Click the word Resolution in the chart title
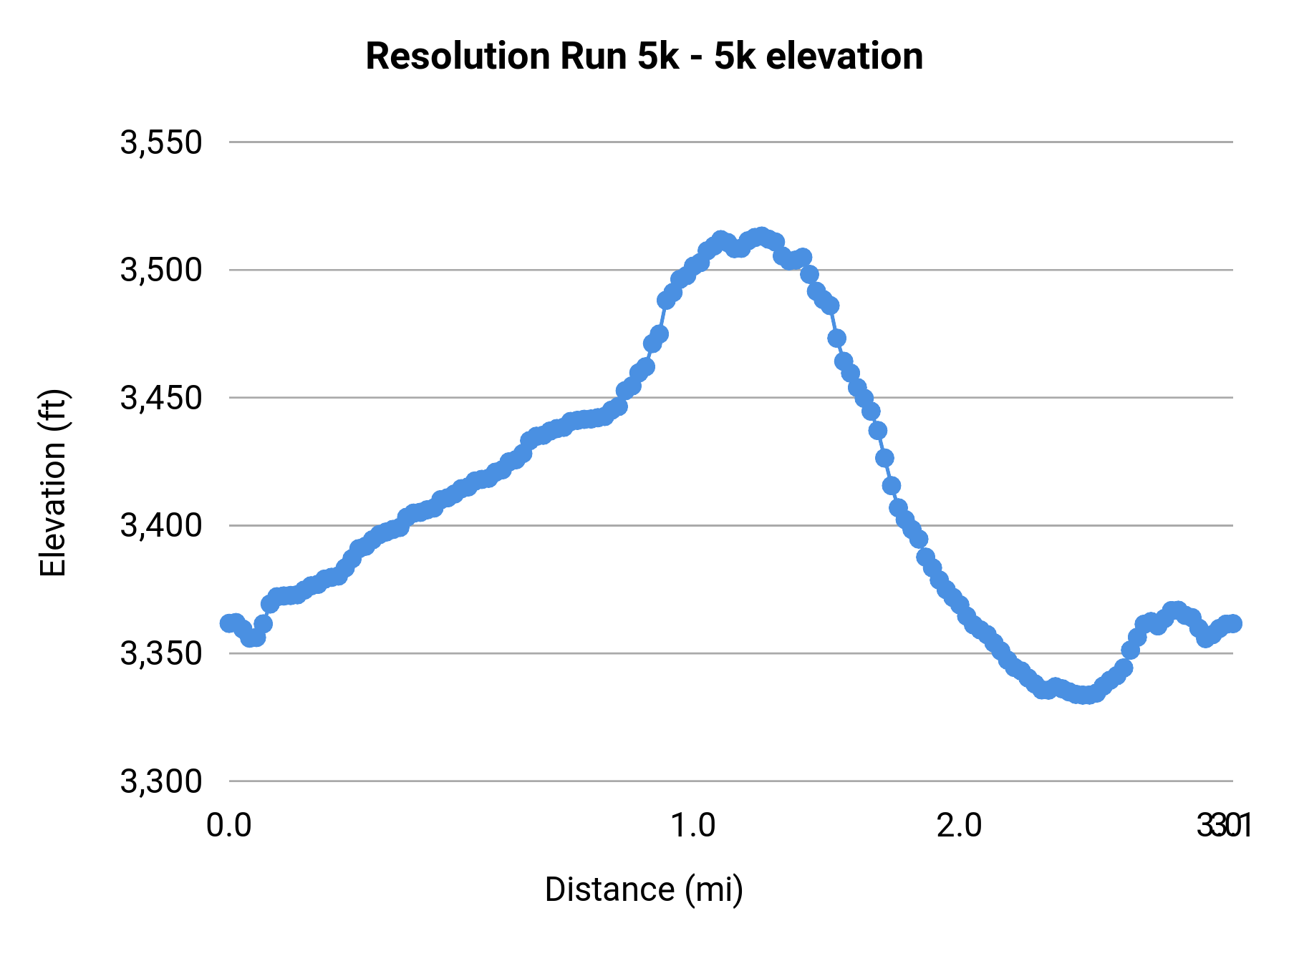pyautogui.click(x=457, y=57)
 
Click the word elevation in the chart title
pyautogui.click(x=844, y=57)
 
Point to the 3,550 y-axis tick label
pyautogui.click(x=161, y=142)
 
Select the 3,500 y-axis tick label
pyautogui.click(x=161, y=270)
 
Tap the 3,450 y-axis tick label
pyautogui.click(x=161, y=398)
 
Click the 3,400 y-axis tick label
pyautogui.click(x=161, y=526)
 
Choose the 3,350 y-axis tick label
pyautogui.click(x=161, y=654)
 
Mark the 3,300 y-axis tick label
pyautogui.click(x=161, y=781)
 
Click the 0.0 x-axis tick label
pyautogui.click(x=229, y=826)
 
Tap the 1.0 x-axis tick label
pyautogui.click(x=692, y=826)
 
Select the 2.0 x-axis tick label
pyautogui.click(x=960, y=826)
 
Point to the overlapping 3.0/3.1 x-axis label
pyautogui.click(x=1224, y=826)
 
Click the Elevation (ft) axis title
pyautogui.click(x=53, y=483)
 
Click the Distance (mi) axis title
pyautogui.click(x=644, y=889)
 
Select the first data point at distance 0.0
pyautogui.click(x=229, y=623)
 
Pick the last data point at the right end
pyautogui.click(x=1232, y=623)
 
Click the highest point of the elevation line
pyautogui.click(x=761, y=236)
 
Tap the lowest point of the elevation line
pyautogui.click(x=1086, y=695)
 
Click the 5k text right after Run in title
pyautogui.click(x=657, y=57)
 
